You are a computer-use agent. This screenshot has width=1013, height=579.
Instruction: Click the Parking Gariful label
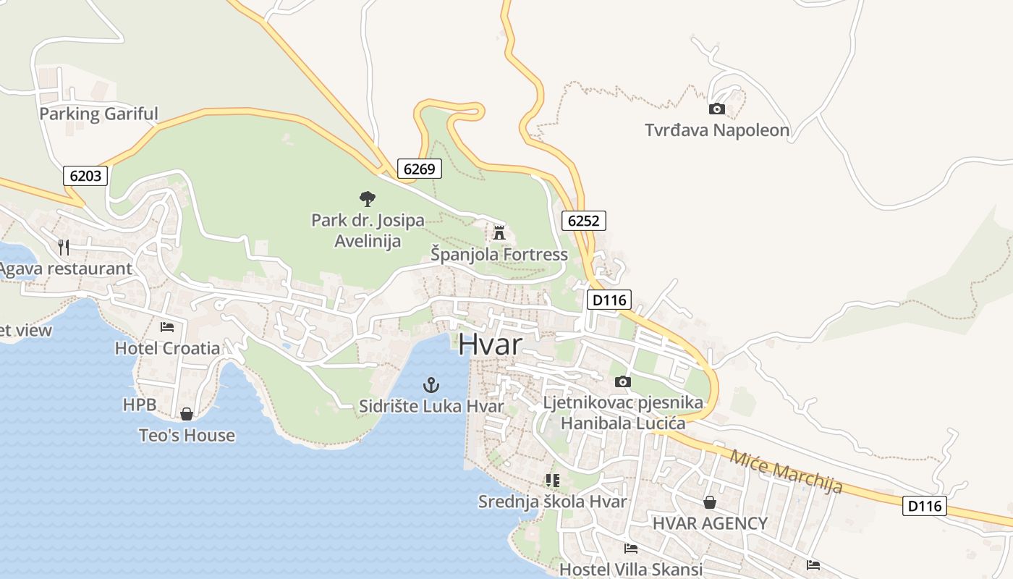(x=98, y=114)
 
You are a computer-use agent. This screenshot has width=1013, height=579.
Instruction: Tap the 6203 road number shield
(x=85, y=175)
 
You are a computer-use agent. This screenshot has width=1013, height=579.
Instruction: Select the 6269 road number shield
(x=419, y=169)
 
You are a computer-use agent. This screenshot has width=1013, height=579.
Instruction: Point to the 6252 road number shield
(x=583, y=221)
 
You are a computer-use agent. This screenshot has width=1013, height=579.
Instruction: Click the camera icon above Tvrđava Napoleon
(x=716, y=109)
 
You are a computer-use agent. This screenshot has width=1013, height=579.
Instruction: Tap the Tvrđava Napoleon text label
(x=717, y=130)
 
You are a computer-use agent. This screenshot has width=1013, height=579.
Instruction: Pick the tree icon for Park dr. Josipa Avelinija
(x=368, y=198)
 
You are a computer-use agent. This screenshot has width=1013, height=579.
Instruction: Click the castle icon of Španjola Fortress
(x=499, y=233)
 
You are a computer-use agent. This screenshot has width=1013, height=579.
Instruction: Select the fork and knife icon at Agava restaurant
(x=64, y=248)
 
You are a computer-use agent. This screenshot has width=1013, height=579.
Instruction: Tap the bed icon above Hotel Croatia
(x=167, y=327)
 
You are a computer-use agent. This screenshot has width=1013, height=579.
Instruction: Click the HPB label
(x=140, y=405)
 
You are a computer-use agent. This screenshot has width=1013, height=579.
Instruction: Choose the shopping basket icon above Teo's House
(x=187, y=414)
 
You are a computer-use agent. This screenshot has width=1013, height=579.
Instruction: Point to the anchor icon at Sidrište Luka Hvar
(x=431, y=385)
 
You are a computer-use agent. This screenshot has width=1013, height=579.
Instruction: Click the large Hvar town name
(x=490, y=345)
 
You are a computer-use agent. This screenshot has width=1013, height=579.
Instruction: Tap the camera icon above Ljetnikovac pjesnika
(x=622, y=381)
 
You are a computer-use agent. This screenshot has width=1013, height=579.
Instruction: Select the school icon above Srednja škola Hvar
(x=553, y=480)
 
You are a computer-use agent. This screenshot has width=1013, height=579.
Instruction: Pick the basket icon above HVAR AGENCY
(x=710, y=502)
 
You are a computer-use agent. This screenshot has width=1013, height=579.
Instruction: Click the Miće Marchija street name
(x=786, y=471)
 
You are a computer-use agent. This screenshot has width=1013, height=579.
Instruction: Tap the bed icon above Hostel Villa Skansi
(x=631, y=549)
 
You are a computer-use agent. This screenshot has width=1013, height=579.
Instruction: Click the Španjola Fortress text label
(x=499, y=254)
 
